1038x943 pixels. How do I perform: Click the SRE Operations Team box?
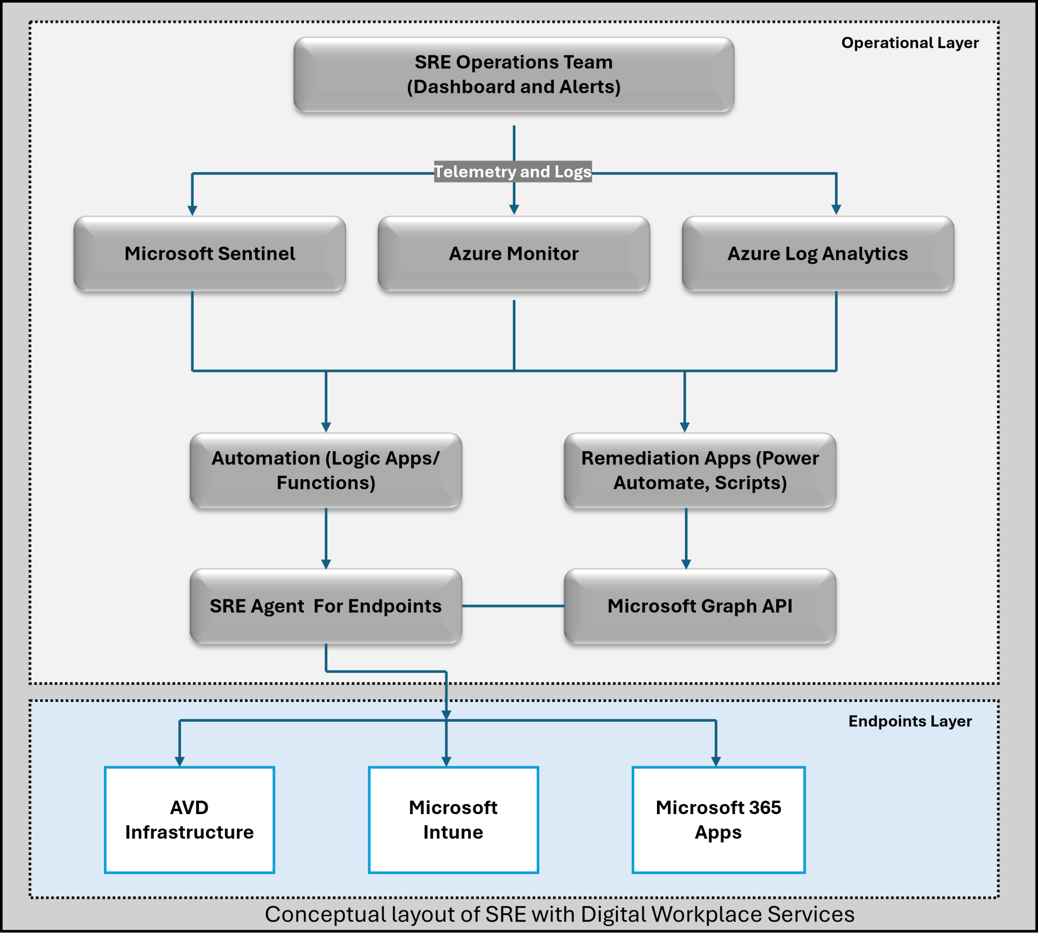[x=513, y=75]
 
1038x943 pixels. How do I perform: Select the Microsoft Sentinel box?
[x=210, y=253]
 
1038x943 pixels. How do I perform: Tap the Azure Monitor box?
[x=513, y=253]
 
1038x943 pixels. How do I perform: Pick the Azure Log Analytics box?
[x=818, y=253]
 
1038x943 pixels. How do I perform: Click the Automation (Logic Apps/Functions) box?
[x=325, y=470]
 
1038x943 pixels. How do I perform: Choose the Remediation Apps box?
[x=700, y=470]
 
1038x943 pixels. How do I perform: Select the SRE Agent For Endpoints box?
[x=325, y=606]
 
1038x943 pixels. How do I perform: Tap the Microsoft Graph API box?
[x=700, y=606]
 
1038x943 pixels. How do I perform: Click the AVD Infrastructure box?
[x=189, y=820]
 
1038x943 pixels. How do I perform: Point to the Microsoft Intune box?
[x=453, y=820]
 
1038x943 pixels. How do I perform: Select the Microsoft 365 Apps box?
[x=718, y=820]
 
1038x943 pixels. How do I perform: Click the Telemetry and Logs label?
[x=513, y=172]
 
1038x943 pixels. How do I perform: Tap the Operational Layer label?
[x=910, y=43]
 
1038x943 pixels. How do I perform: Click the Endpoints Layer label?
[x=910, y=721]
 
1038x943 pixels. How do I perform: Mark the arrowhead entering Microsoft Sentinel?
[x=193, y=210]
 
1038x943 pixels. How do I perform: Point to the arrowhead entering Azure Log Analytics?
[x=836, y=209]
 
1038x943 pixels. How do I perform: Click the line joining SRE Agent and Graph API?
[x=513, y=606]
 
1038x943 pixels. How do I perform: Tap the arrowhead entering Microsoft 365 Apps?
[x=716, y=761]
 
